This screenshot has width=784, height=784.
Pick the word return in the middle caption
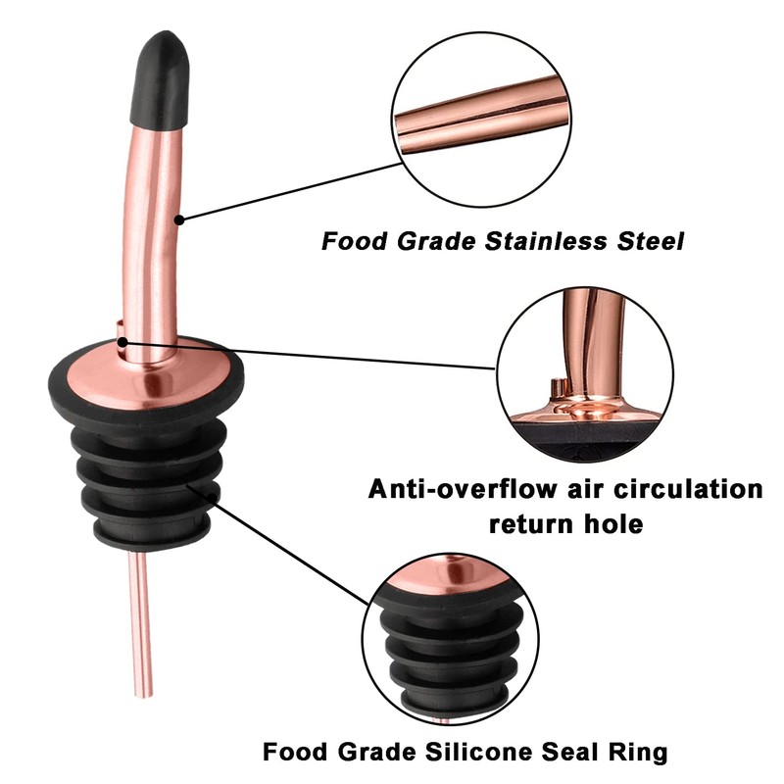click(529, 523)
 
